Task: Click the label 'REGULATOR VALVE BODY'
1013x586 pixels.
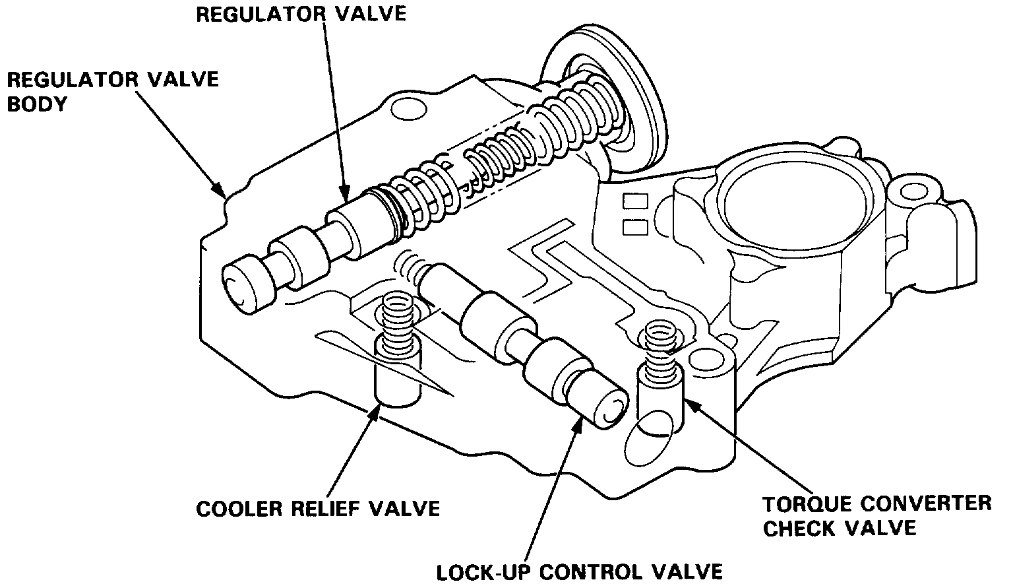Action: click(112, 91)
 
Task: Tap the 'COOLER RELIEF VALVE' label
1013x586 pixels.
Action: click(317, 509)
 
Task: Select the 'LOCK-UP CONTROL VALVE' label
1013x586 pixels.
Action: click(580, 571)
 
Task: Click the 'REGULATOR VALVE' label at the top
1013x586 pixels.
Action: click(301, 14)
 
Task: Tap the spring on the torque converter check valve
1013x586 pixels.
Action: click(660, 344)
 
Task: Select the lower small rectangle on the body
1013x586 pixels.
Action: click(635, 227)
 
